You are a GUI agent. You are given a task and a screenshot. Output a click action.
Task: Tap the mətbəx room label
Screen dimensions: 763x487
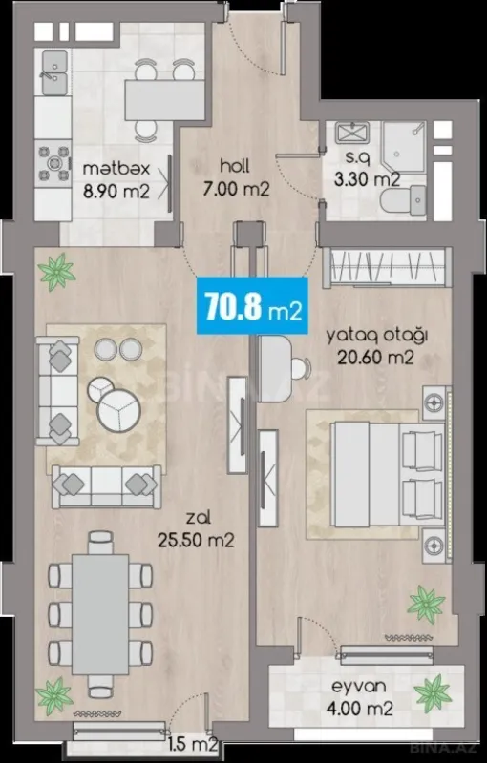point(114,168)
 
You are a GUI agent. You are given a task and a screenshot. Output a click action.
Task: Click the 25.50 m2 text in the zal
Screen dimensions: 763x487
point(197,541)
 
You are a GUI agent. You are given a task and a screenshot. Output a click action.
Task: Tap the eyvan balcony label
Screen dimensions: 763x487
point(362,685)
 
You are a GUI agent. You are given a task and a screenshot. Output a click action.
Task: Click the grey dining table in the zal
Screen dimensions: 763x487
point(101,610)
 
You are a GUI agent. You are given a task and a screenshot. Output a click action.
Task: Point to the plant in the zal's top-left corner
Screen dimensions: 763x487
point(57,271)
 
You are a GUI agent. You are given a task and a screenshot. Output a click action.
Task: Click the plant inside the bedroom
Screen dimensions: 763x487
point(419,603)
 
